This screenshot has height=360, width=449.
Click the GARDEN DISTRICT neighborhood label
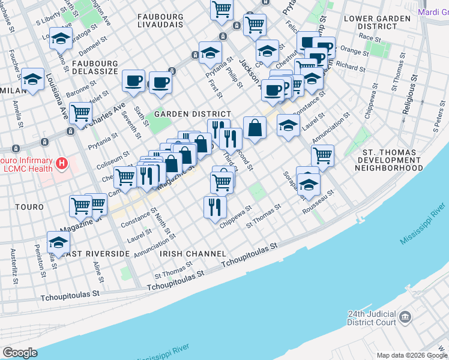pos(192,114)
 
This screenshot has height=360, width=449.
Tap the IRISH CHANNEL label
pos(193,254)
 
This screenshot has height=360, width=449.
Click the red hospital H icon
pos(60,163)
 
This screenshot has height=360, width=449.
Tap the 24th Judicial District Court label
pos(372,319)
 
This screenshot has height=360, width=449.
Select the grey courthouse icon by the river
pos(405,316)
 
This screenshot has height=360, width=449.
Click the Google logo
pos(20,353)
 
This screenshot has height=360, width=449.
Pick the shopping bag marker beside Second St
pos(255,127)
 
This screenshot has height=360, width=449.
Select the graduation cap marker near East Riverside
pos(58,242)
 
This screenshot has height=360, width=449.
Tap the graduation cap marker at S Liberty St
pos(61,38)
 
